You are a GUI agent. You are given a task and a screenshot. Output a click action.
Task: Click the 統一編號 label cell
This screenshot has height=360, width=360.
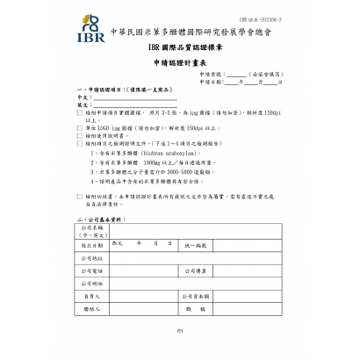[x=195, y=245]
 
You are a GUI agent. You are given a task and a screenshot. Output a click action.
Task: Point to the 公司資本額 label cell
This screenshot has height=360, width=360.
[x=195, y=297]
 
